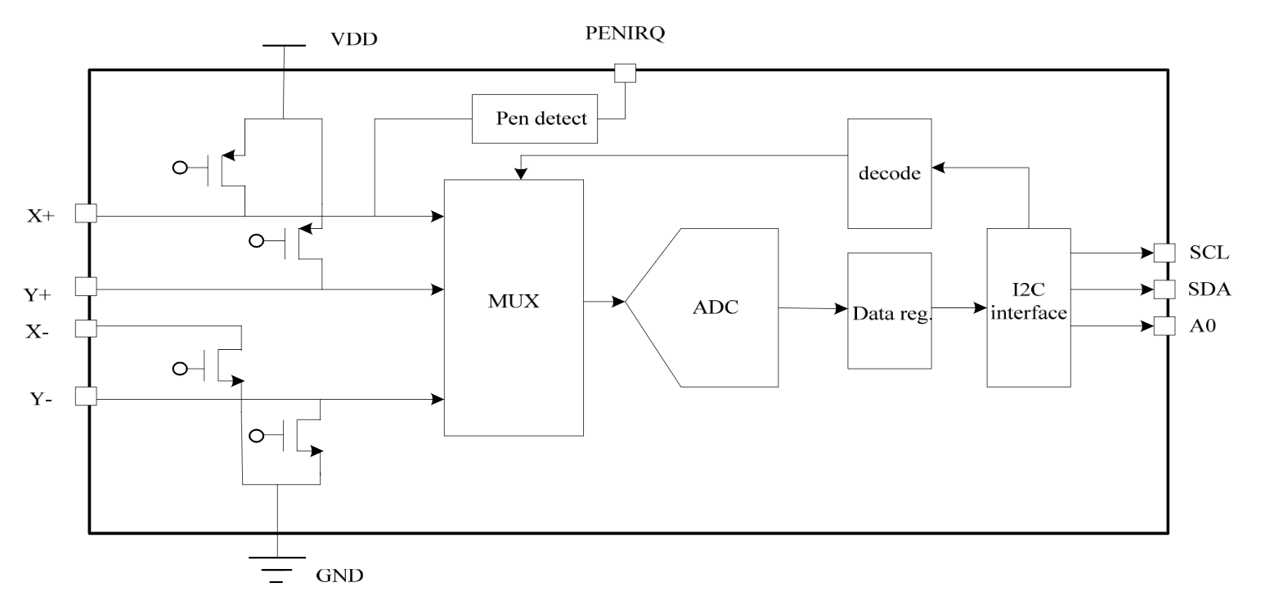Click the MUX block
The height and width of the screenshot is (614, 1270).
click(x=513, y=307)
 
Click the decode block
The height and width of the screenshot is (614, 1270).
click(x=889, y=173)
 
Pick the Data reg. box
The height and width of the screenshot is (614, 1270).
click(x=889, y=311)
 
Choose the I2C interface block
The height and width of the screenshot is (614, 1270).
click(x=1028, y=307)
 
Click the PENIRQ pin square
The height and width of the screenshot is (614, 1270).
click(x=625, y=73)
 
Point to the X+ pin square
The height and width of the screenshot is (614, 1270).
click(x=86, y=213)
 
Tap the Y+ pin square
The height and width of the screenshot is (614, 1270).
click(x=86, y=286)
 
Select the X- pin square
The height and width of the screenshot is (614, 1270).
click(x=86, y=329)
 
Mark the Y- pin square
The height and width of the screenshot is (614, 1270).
click(x=86, y=397)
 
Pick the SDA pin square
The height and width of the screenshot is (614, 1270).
click(x=1164, y=289)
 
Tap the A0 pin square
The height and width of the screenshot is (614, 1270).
click(x=1164, y=326)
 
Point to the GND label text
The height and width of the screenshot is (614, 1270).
click(x=339, y=576)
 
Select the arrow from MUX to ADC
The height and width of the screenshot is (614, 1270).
click(x=604, y=302)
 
